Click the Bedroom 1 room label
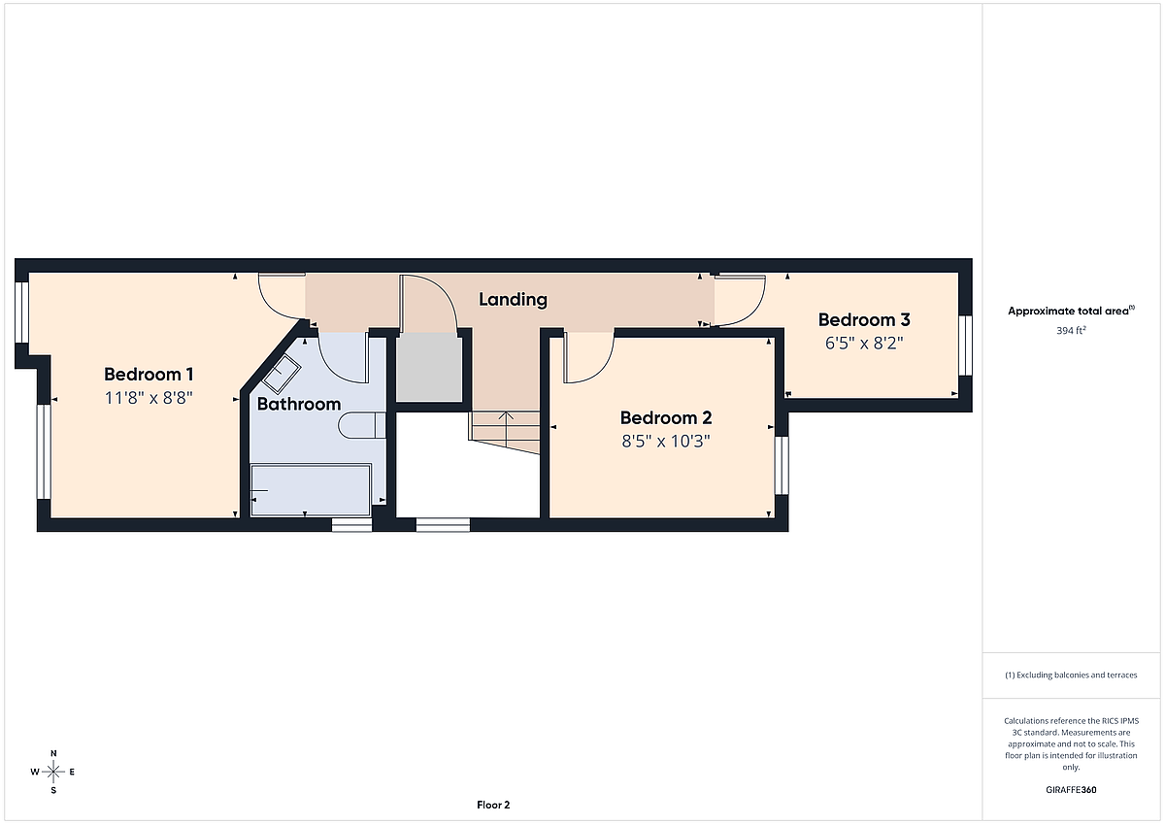(149, 375)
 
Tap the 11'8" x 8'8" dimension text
(149, 398)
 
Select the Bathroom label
(299, 404)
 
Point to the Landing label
(513, 300)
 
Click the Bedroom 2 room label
(666, 418)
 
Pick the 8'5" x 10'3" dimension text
(666, 442)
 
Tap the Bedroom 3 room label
(864, 319)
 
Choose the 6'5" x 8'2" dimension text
(864, 344)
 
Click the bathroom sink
(282, 374)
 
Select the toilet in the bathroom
(362, 425)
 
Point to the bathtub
(311, 490)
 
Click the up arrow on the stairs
(506, 428)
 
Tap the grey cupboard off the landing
(429, 367)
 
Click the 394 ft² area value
(1071, 331)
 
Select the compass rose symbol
(53, 772)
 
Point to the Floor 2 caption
(493, 806)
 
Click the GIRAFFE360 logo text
(1071, 790)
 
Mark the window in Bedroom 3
(965, 346)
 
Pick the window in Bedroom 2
(782, 465)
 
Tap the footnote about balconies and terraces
(1071, 676)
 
